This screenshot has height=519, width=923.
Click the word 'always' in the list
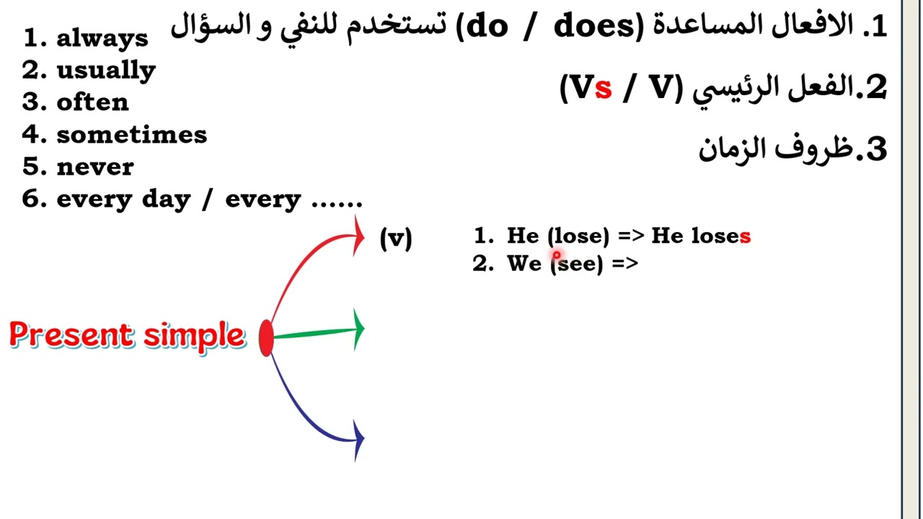point(102,38)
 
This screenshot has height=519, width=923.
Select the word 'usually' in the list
point(106,71)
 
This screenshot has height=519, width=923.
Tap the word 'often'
point(92,102)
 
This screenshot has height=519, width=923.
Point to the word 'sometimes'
point(131,135)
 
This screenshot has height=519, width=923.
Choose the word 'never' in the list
point(95,167)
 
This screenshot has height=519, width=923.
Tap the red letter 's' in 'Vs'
point(604,88)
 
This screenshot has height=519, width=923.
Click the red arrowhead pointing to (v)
point(358,235)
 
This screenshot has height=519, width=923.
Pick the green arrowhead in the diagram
point(358,329)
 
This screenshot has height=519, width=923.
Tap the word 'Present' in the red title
point(72,335)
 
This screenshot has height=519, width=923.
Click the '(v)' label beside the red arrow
point(396,238)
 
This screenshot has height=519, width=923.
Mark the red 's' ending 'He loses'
point(745,236)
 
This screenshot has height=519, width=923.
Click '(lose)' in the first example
point(578,236)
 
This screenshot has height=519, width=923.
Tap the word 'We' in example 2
point(524,264)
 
